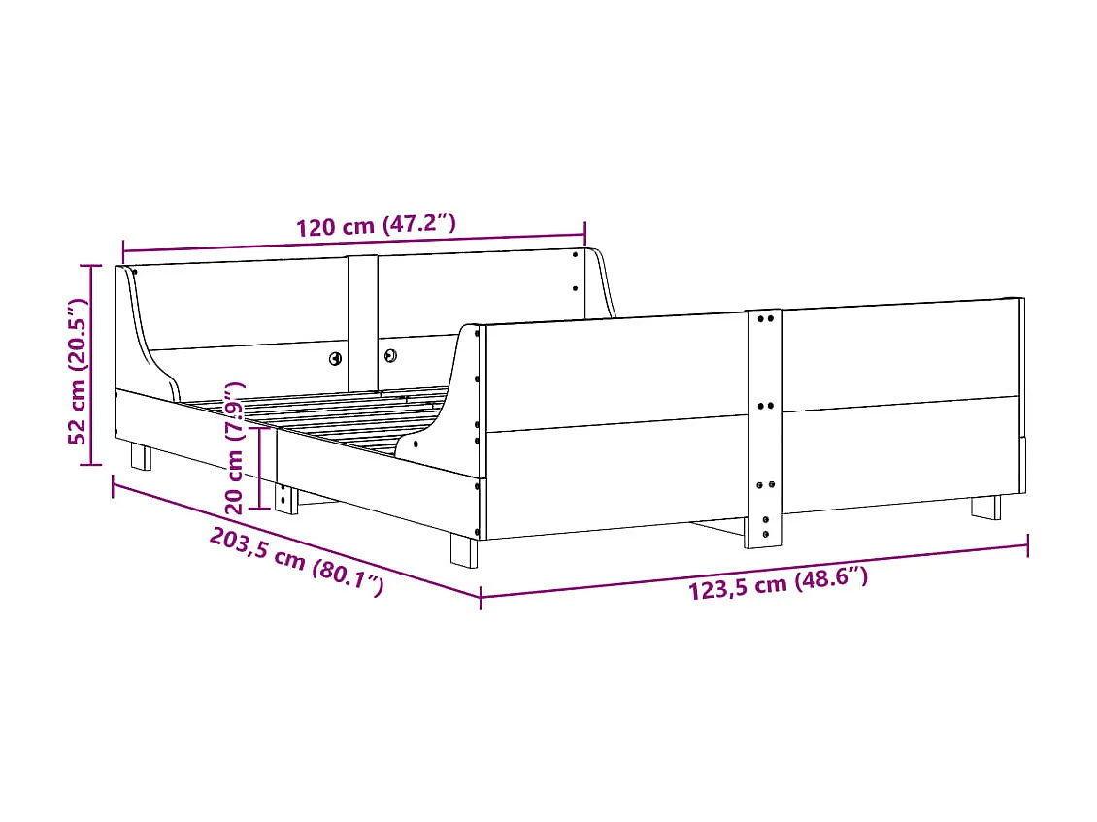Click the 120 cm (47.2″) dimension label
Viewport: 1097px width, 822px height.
[376, 227]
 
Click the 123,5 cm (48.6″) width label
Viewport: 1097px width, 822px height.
[778, 584]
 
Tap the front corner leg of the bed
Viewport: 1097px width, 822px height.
[464, 551]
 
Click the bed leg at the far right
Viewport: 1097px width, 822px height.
[985, 508]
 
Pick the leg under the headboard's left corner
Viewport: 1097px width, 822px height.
[142, 457]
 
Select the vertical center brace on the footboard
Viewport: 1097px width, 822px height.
[764, 427]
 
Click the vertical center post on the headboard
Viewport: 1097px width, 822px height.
[363, 320]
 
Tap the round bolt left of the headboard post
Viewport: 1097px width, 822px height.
[336, 358]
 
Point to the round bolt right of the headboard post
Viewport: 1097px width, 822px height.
[390, 355]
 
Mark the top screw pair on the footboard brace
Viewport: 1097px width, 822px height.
[764, 317]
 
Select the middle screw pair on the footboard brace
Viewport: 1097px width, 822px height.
[764, 406]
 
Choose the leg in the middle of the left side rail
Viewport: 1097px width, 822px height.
[286, 499]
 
